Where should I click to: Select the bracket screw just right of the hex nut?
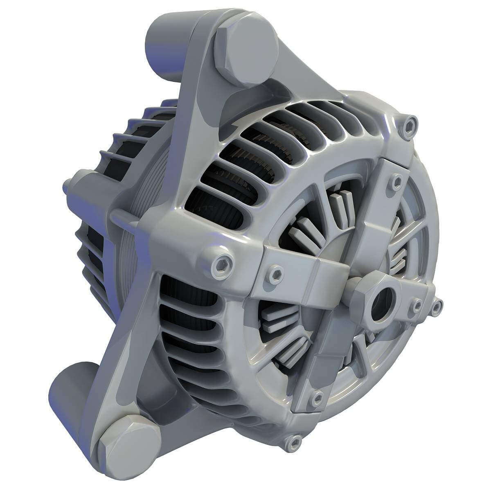click(417, 305)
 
